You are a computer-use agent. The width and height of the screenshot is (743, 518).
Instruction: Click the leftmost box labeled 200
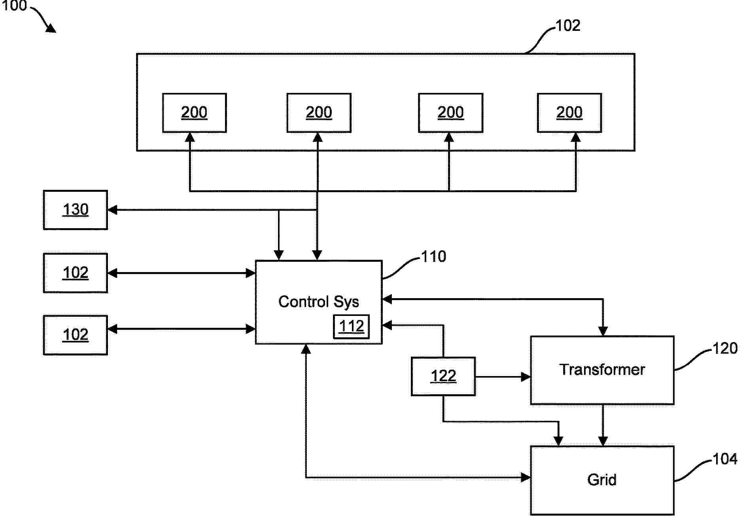click(194, 113)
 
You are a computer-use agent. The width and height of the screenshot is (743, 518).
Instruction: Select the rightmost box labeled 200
click(569, 113)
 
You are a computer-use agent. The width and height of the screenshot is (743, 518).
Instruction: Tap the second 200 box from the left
click(319, 113)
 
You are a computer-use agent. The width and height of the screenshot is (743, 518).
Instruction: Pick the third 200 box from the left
click(450, 113)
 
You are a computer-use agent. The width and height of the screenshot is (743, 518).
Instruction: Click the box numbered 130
click(75, 210)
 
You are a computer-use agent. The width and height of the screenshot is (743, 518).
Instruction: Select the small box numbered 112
click(351, 327)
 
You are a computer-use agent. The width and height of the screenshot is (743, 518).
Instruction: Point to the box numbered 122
click(443, 376)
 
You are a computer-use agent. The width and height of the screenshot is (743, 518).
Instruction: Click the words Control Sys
click(318, 302)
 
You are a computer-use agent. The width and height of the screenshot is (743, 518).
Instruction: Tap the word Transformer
click(602, 370)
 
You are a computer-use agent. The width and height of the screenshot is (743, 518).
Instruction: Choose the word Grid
click(601, 480)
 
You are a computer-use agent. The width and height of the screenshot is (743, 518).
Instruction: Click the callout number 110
click(433, 257)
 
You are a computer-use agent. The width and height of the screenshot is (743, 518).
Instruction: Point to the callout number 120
click(724, 348)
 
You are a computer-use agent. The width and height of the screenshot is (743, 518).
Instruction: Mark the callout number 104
click(724, 459)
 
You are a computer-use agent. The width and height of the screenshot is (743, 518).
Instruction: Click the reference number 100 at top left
click(14, 6)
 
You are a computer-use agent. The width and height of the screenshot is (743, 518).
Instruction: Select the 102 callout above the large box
click(568, 26)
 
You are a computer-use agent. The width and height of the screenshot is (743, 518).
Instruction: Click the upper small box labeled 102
click(75, 273)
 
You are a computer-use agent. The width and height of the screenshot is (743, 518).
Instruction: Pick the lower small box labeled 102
click(75, 335)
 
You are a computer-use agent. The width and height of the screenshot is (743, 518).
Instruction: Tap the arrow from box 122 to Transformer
click(503, 377)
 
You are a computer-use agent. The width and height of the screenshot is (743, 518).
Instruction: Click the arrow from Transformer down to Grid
click(603, 425)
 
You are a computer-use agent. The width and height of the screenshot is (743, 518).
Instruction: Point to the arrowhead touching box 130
click(112, 210)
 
